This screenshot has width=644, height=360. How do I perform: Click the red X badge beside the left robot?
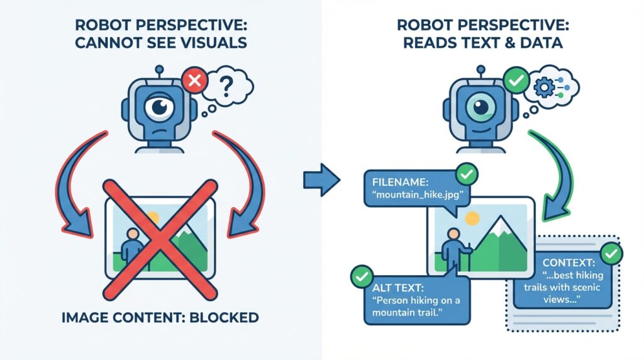point(195,80)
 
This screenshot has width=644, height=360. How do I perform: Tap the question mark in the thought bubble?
point(226,86)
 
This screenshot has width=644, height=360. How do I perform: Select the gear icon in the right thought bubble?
point(544,87)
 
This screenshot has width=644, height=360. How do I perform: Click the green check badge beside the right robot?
point(516,80)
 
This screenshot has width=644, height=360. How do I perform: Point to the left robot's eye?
point(160,107)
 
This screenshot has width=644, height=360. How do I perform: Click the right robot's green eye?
point(481,107)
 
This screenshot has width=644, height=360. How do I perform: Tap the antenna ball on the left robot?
point(160,69)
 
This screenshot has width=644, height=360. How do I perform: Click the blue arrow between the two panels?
point(321,179)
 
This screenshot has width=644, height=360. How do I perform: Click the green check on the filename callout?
point(467,174)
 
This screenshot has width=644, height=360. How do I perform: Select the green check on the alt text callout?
point(362,276)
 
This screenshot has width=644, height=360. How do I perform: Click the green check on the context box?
point(611,254)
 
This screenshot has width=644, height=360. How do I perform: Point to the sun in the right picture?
point(472,218)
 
